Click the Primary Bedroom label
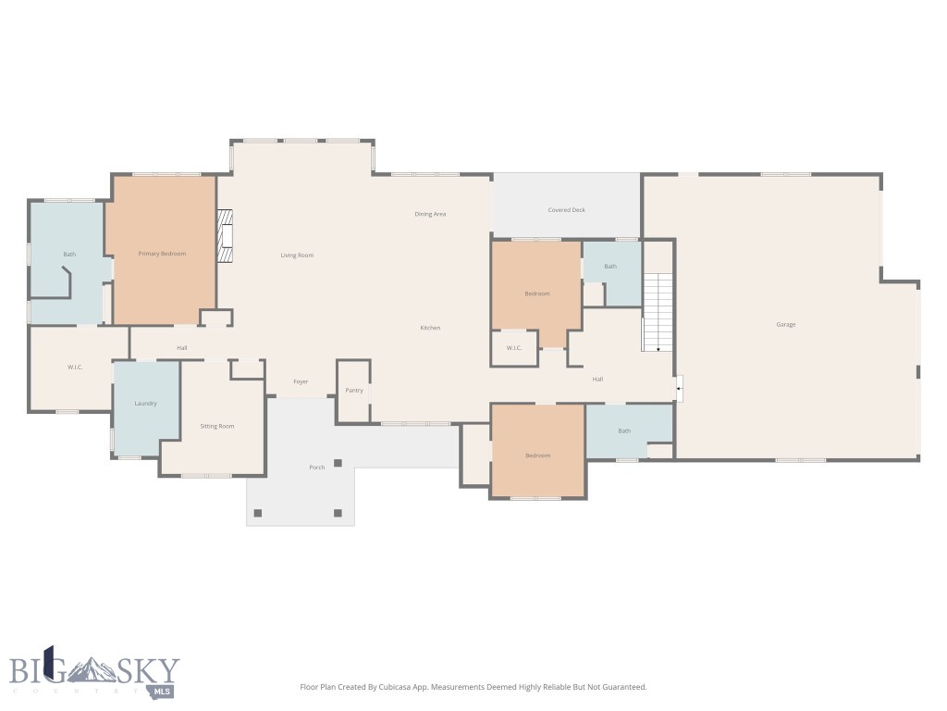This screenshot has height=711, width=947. point(162,254)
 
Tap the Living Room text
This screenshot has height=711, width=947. point(297,255)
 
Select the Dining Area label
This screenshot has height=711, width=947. point(430,214)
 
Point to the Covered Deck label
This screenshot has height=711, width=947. point(566,210)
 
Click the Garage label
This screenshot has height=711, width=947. point(786,324)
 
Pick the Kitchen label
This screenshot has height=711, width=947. point(430,328)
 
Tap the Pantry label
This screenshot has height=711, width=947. point(354,390)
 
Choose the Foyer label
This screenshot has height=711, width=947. point(301,381)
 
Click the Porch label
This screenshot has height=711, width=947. point(316,467)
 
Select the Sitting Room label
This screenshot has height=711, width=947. point(217,426)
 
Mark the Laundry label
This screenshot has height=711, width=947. point(145,404)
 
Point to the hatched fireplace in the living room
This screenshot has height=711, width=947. point(223,239)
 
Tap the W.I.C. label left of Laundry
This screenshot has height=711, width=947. point(75,368)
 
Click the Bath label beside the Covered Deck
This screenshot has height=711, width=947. point(610,267)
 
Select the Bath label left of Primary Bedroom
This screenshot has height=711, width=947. point(69,254)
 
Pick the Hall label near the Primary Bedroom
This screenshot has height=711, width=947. point(182,348)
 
